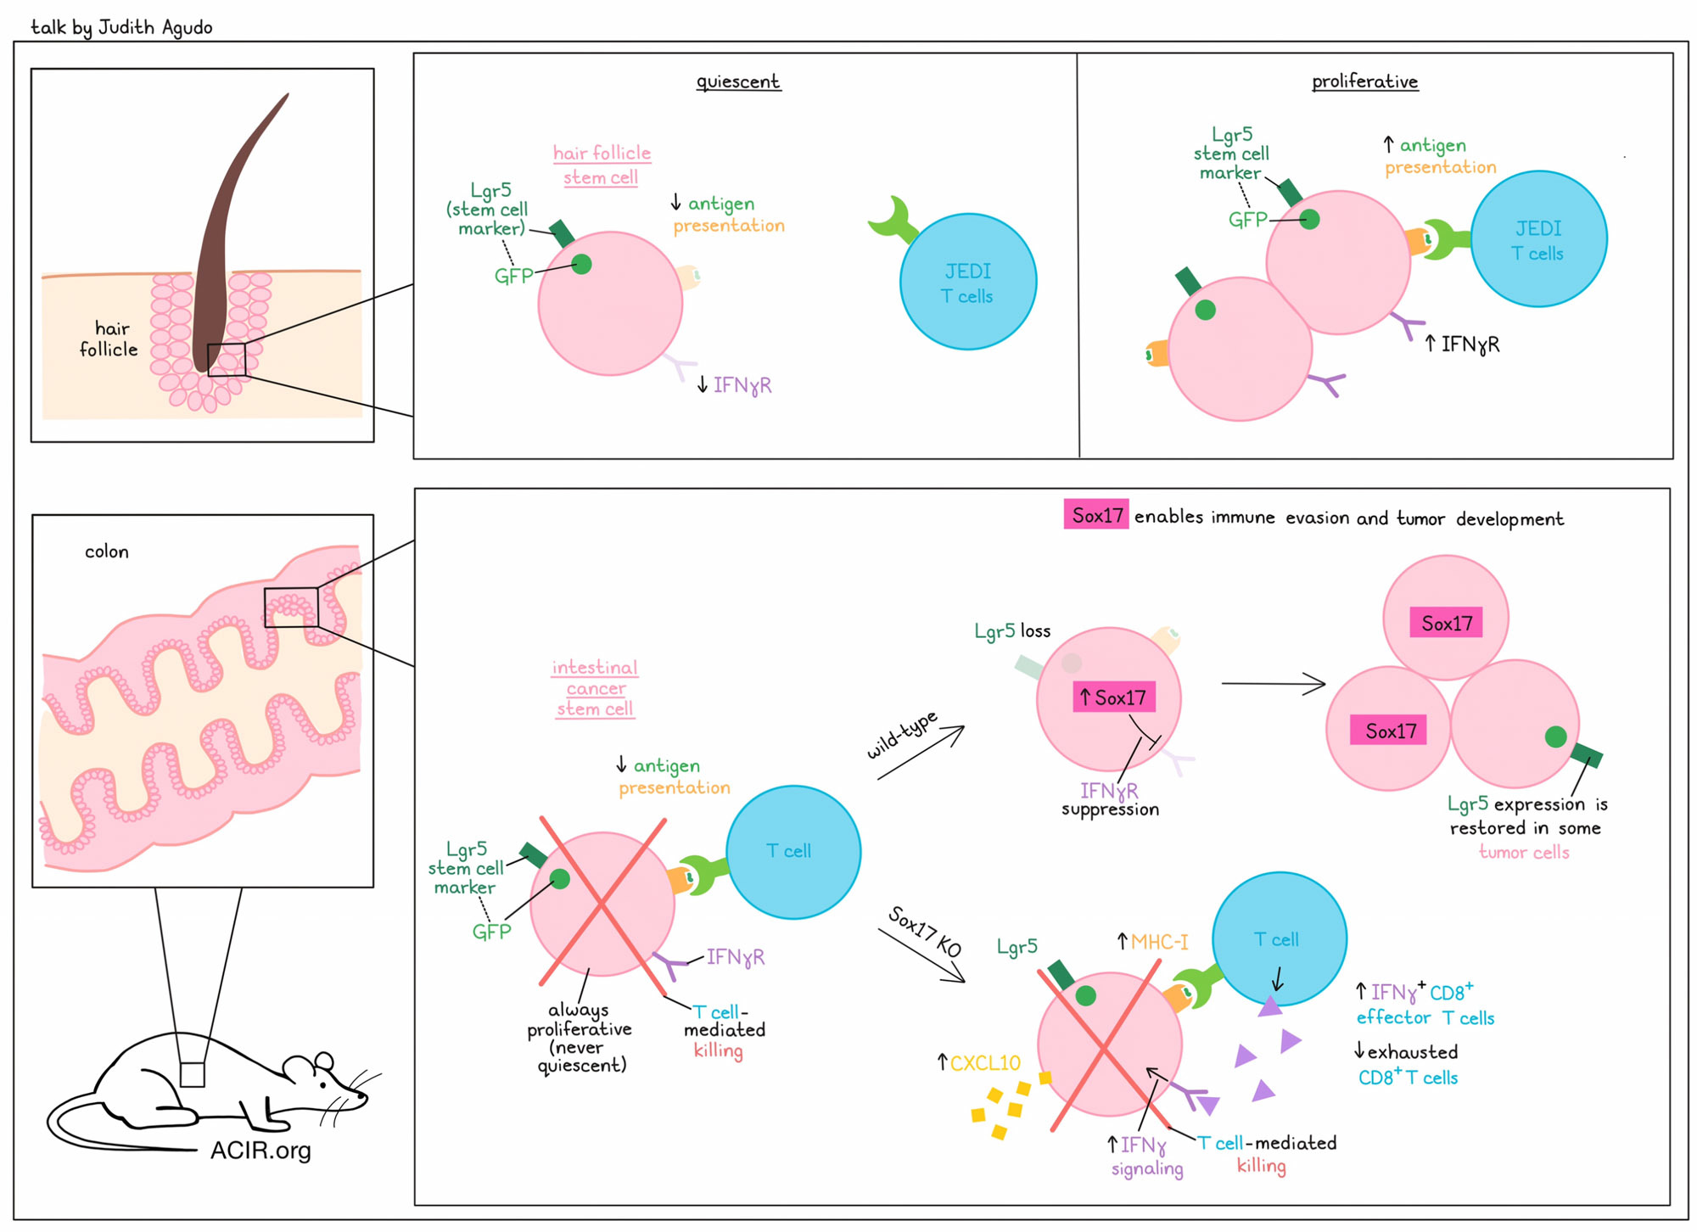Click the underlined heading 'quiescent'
[738, 81]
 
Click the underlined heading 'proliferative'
[1364, 81]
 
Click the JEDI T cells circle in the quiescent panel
[968, 282]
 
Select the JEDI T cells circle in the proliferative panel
[1539, 238]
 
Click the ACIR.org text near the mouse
[260, 1151]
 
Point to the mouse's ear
[323, 1061]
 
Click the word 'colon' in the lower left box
[107, 552]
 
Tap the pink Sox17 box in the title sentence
[1096, 515]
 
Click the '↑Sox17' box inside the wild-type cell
[1113, 697]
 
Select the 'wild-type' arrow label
[902, 735]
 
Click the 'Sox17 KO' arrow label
[924, 932]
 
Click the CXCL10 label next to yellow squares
[978, 1062]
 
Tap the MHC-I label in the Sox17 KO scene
[1152, 942]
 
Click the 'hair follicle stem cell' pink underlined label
[602, 165]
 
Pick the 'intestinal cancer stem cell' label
[595, 688]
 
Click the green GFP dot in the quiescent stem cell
[581, 265]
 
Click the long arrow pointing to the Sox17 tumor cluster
[1273, 684]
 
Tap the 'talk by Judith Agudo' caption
[121, 27]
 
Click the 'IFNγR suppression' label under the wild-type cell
[1110, 799]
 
